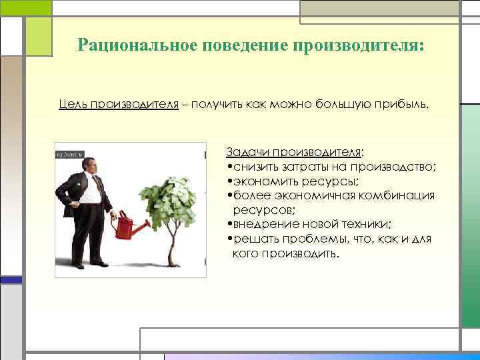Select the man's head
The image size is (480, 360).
89,166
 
